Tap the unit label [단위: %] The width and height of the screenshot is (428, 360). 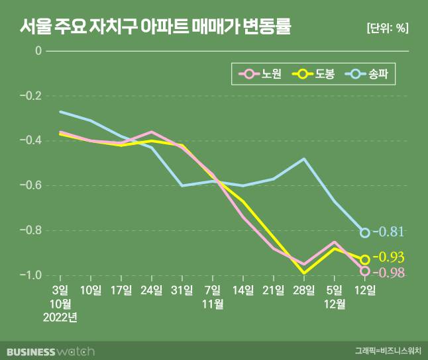[x=387, y=28]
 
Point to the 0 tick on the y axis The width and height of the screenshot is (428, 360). [x=38, y=51]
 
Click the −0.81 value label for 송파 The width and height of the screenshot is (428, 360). [x=388, y=232]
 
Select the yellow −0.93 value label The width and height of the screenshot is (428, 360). [x=388, y=257]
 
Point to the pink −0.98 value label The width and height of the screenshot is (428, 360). [x=388, y=272]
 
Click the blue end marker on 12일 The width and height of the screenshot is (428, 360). [x=365, y=232]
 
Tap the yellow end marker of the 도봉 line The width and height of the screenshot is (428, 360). [x=365, y=259]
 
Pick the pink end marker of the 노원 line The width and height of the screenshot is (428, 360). [x=365, y=271]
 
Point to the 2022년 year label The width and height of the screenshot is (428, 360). [x=60, y=317]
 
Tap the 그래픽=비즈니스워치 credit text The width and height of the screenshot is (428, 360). [x=387, y=351]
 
